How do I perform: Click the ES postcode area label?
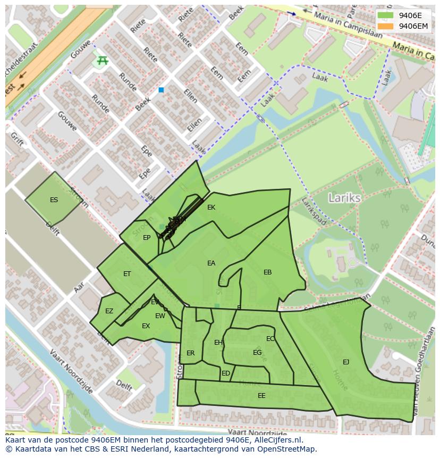[54, 200]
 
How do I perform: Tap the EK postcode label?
[211, 207]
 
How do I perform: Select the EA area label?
[211, 263]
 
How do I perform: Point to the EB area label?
[267, 272]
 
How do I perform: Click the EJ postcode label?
[346, 362]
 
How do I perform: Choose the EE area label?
[261, 396]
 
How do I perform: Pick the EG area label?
[257, 353]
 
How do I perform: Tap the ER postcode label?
[191, 353]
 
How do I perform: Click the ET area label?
[127, 274]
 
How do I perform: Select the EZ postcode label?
[109, 311]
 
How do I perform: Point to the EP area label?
[147, 238]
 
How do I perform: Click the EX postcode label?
[146, 326]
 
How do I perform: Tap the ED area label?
[226, 373]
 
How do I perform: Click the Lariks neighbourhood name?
[344, 198]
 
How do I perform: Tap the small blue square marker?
[161, 90]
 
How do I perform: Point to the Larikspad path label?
[313, 212]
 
